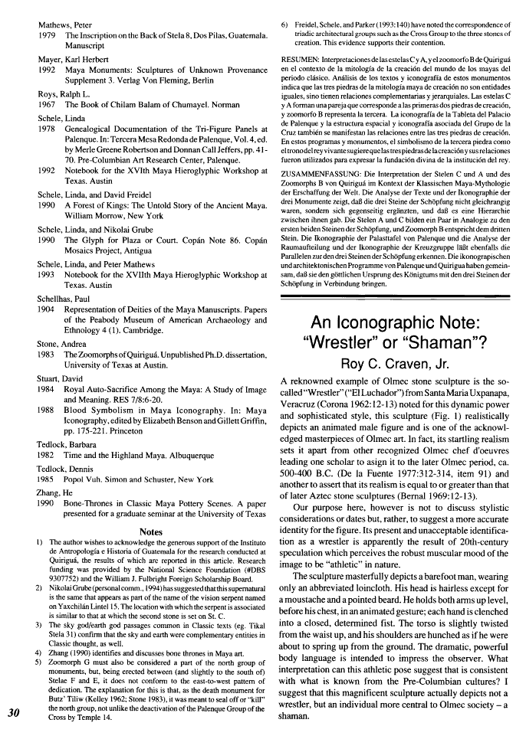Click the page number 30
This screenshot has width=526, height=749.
(13, 712)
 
